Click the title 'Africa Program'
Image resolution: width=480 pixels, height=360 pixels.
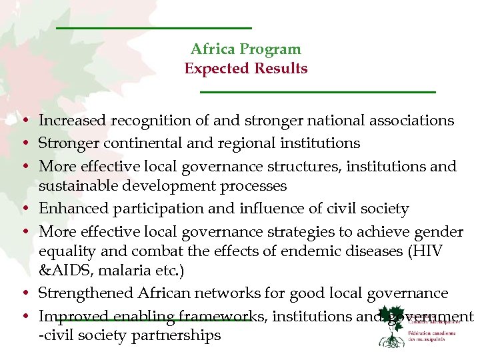pyautogui.click(x=245, y=49)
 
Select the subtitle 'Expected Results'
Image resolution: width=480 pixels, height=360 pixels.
pyautogui.click(x=245, y=69)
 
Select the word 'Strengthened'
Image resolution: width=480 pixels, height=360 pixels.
pyautogui.click(x=86, y=293)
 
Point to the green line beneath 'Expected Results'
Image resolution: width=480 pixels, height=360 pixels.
pyautogui.click(x=318, y=91)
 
